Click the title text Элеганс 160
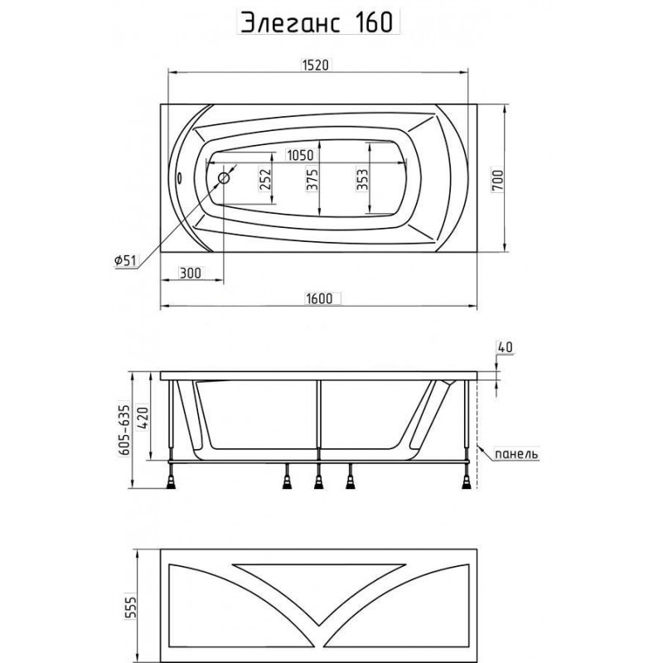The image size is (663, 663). (x=317, y=22)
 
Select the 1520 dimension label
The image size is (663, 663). (x=316, y=65)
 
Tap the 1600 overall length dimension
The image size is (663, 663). (x=319, y=298)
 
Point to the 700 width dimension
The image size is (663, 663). (x=498, y=180)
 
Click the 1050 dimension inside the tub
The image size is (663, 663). (x=301, y=155)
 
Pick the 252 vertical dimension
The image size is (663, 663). (x=264, y=180)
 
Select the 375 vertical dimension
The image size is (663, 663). (x=312, y=180)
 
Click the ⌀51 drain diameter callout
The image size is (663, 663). (x=126, y=260)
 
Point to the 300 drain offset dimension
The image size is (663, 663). (x=191, y=273)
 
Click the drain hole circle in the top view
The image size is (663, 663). (x=224, y=178)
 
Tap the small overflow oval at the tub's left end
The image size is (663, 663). (x=179, y=177)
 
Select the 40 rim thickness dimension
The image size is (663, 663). (x=505, y=346)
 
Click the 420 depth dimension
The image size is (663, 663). (x=143, y=418)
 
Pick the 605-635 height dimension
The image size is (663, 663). (x=123, y=429)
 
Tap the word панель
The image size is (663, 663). (x=516, y=454)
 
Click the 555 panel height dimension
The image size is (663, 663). (x=131, y=607)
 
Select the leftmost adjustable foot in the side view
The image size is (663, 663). (x=172, y=481)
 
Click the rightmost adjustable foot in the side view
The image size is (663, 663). (x=467, y=481)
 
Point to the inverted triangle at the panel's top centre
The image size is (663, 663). (x=319, y=583)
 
